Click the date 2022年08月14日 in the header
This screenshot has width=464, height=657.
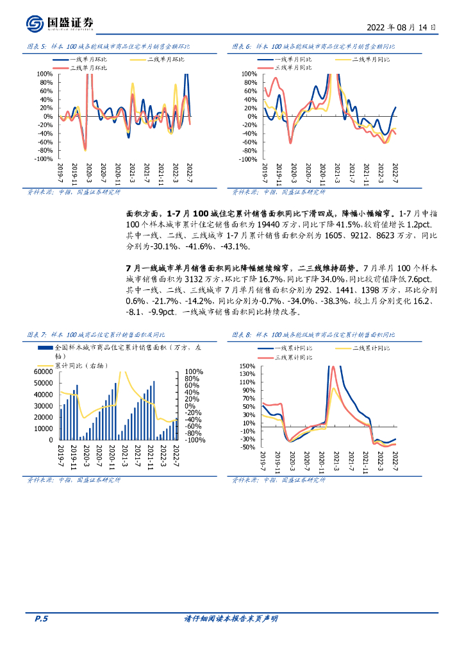coord(402,28)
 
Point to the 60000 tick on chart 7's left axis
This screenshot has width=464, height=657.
coord(44,371)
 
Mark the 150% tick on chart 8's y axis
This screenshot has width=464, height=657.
coord(247,366)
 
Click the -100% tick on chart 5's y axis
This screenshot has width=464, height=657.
coord(44,158)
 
